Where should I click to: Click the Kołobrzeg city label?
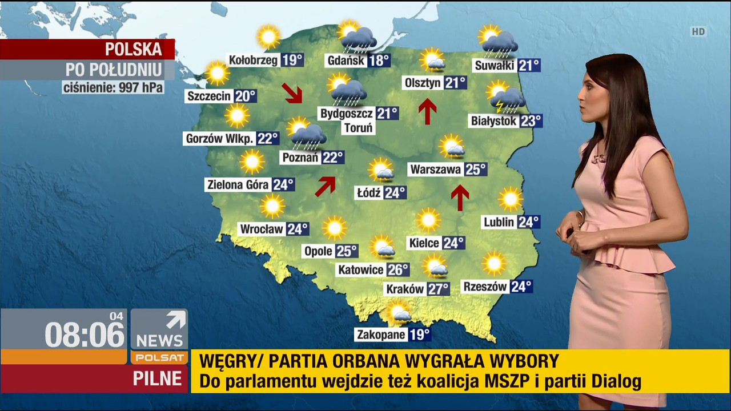[254, 60]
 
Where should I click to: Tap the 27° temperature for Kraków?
[438, 289]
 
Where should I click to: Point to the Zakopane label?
[381, 335]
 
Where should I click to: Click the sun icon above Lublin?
[510, 199]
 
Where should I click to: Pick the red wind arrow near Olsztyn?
[427, 111]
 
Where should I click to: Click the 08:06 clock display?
[85, 334]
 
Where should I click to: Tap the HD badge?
[698, 32]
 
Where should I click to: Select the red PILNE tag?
[157, 378]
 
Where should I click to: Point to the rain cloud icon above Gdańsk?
[358, 38]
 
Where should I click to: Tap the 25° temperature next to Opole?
[347, 251]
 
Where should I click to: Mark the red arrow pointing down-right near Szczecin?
[292, 93]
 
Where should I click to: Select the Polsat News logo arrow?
[175, 320]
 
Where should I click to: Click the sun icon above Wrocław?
[272, 205]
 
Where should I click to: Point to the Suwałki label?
[495, 66]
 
